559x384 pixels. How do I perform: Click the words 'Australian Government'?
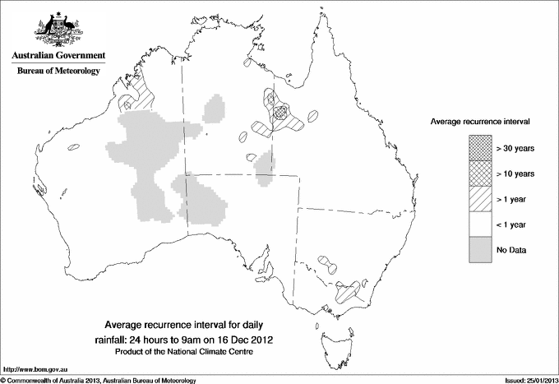point(58,56)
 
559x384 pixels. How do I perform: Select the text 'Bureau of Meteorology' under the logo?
point(58,72)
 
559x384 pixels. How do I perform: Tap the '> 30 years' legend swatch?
point(481,149)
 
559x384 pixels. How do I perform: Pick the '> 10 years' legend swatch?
point(481,173)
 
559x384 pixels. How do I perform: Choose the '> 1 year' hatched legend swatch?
point(481,198)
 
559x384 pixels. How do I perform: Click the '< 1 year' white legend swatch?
point(481,224)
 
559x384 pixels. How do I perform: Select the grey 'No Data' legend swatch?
point(481,248)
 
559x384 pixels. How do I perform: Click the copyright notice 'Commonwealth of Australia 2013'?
point(62,379)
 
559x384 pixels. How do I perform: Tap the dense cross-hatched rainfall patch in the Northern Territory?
point(281,109)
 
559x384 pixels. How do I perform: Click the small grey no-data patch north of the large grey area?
point(216,108)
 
